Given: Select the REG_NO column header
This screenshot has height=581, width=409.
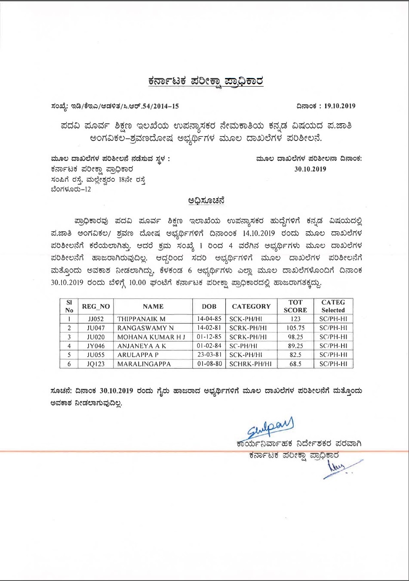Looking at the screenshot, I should click(96, 306).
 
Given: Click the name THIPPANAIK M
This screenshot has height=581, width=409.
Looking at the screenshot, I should click(141, 319).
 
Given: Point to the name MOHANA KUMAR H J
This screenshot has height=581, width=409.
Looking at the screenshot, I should click(151, 337).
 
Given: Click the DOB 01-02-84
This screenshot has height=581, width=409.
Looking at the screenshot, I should click(209, 346).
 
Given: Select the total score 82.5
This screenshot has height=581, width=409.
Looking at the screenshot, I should click(295, 355).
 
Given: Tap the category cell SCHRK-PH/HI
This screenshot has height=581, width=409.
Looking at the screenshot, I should click(250, 364).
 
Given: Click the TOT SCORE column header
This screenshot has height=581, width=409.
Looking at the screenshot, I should click(295, 306).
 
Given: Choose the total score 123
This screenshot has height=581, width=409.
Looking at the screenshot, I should click(295, 319).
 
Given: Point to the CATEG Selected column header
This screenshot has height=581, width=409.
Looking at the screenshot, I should click(333, 306).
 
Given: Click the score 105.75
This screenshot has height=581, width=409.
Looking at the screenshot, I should click(295, 328).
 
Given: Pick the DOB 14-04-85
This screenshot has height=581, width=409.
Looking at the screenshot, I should click(209, 319).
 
